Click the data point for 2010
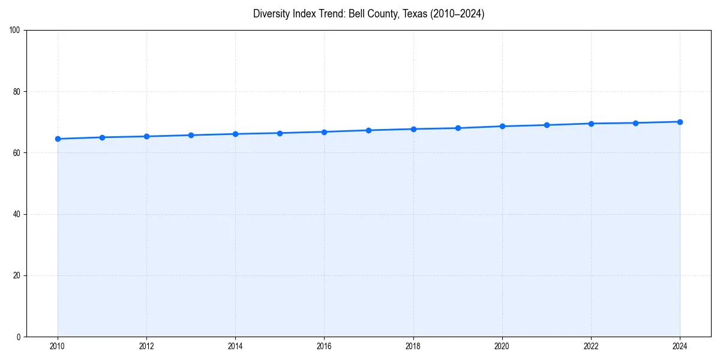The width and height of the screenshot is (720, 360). coord(58,139)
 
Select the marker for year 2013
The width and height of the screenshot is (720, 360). coord(191,135)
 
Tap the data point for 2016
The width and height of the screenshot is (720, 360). coord(324,132)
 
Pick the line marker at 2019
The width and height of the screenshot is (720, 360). coord(458,128)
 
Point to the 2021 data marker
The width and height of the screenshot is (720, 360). coord(547,125)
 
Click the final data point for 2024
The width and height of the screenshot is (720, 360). coord(680,122)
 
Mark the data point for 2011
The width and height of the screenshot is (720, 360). coord(102,137)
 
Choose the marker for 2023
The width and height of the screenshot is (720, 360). coord(635,123)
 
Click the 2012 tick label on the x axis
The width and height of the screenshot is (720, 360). coord(146,346)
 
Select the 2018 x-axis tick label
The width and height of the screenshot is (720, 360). coord(413,346)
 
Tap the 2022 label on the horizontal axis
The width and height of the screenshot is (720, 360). coord(591,346)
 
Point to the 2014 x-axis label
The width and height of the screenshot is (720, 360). coord(235,346)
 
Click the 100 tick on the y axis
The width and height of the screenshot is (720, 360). coord(15,31)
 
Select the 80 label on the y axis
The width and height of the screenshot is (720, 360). coord(17,92)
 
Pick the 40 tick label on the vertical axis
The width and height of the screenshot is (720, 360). coord(17,214)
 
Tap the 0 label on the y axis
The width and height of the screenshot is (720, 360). coord(19,337)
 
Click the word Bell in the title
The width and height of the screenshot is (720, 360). coord(359,14)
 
